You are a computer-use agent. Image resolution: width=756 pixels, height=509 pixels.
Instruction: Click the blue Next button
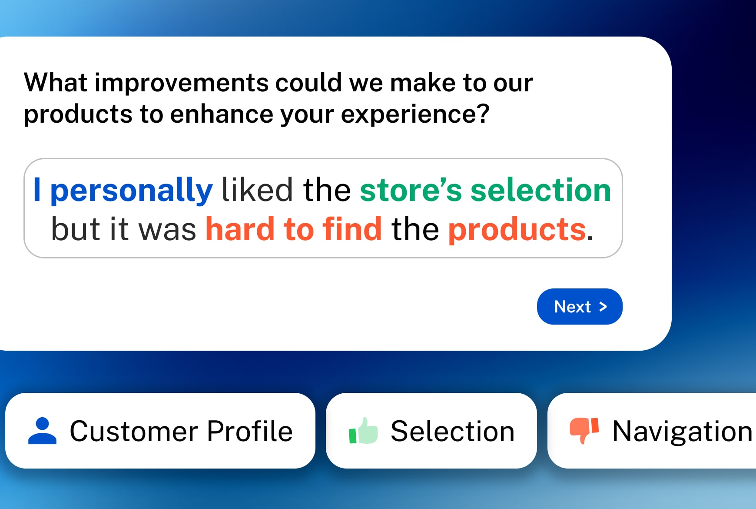coord(579,307)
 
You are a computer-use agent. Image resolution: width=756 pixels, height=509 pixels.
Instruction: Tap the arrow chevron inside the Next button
coord(603,307)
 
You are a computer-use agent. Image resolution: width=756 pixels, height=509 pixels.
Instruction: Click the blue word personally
coord(131,191)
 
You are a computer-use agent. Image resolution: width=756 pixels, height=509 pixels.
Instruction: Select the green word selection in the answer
coord(540,191)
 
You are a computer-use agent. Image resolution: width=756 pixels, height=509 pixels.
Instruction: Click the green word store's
coord(411,191)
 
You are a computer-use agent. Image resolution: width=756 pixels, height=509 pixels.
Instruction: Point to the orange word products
coord(517,229)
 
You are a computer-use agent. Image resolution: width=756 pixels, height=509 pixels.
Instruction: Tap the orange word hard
coord(240,229)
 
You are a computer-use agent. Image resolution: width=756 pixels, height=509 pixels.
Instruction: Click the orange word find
coord(352,229)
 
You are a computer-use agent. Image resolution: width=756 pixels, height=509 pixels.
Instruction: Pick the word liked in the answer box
coord(257,191)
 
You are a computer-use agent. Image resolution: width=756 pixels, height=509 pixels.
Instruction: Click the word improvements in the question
coord(182,83)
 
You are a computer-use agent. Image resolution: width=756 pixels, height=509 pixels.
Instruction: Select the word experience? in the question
coord(415,114)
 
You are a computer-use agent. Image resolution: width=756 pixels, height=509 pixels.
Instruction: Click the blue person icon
coord(42,431)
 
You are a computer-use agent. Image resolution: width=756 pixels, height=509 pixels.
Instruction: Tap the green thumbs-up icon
coord(363,431)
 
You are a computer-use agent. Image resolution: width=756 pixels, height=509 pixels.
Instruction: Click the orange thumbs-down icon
coord(584,430)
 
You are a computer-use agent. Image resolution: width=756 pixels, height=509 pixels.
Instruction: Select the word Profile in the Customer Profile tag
coord(249,431)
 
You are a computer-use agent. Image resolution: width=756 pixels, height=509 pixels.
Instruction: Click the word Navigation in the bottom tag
coord(682,431)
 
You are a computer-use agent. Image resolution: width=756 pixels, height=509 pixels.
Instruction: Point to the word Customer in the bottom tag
coord(134,431)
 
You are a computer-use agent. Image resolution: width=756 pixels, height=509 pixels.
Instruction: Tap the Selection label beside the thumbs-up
coord(452,431)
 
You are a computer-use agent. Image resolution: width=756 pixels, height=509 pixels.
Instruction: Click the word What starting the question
coord(55,83)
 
